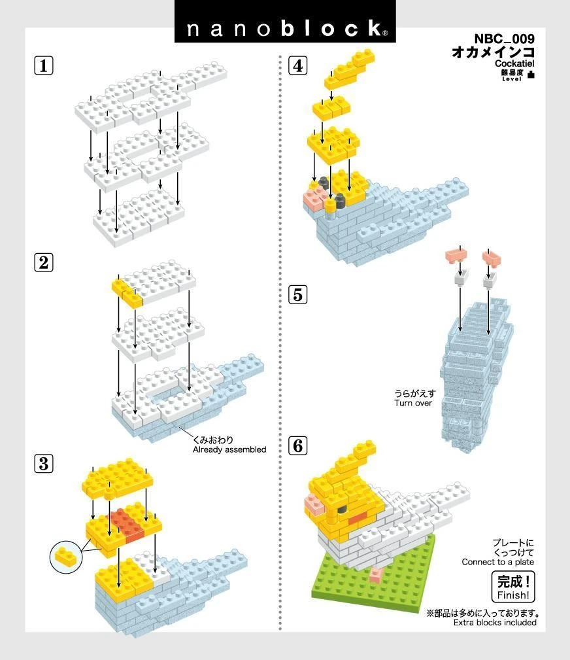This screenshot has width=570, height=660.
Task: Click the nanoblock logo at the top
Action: tap(285, 28)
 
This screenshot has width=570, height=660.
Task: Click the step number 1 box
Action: tap(43, 66)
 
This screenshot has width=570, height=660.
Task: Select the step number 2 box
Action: tap(43, 263)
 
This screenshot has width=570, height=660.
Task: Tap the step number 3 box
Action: tap(43, 464)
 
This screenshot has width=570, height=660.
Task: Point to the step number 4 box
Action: tap(297, 66)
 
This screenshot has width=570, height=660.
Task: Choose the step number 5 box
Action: tap(297, 295)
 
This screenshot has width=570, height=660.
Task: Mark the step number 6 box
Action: tap(297, 447)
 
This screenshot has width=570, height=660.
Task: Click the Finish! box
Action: tap(513, 587)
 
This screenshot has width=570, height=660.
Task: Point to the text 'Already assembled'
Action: tap(229, 449)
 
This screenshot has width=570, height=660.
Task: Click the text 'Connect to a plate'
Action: tap(497, 562)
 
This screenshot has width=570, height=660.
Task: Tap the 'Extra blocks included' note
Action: tap(495, 622)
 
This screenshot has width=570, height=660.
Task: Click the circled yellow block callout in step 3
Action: tap(66, 557)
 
